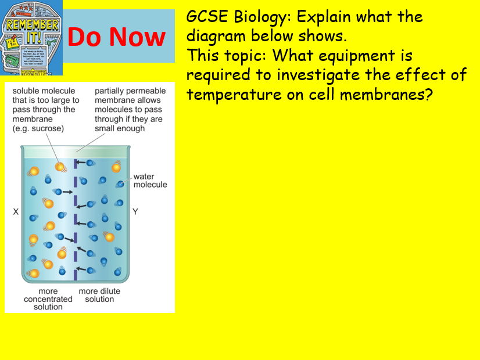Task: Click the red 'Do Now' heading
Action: point(116,37)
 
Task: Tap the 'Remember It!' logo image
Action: point(31,38)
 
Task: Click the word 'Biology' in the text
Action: point(254,17)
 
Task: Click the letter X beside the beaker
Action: point(16,213)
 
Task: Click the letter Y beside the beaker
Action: point(135,213)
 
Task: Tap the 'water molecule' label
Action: point(150,181)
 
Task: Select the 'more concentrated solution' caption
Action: point(48,299)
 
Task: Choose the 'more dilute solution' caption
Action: point(99,295)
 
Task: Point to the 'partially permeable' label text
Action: point(130,91)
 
